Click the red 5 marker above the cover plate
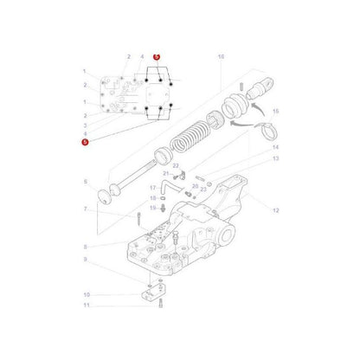coord(157,57)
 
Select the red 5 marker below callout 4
coord(85,141)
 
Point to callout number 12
coord(275,210)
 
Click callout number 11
coord(85,305)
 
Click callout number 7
coord(85,210)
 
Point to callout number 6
coord(85,182)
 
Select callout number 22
coord(176,165)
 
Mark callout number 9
coord(85,259)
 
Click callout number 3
coord(85,125)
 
